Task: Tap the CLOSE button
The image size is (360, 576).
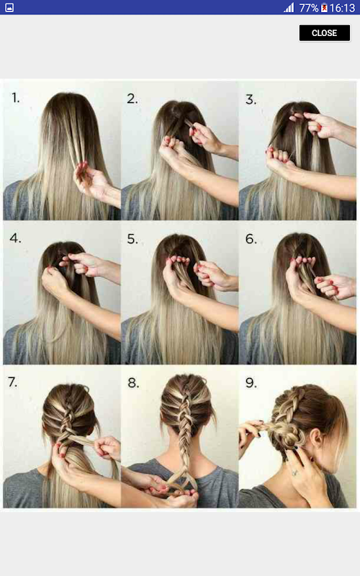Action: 325,33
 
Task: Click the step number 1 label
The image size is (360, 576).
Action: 15,98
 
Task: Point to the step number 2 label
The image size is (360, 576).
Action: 132,99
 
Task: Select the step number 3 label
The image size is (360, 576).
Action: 251,99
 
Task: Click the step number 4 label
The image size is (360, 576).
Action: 15,238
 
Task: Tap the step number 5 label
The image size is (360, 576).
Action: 132,239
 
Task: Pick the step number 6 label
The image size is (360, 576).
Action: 251,239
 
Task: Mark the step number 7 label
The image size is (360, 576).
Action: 12,382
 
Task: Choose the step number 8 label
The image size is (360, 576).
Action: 133,383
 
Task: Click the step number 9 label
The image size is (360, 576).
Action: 251,383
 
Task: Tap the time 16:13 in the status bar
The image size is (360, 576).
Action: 342,8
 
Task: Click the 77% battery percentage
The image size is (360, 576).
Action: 309,8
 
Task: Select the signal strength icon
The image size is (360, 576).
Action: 289,8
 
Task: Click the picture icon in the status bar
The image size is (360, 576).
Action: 9,8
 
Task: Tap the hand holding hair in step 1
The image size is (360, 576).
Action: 94,182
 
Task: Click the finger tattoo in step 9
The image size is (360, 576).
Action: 295,472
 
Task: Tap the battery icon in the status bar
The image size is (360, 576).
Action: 324,8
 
